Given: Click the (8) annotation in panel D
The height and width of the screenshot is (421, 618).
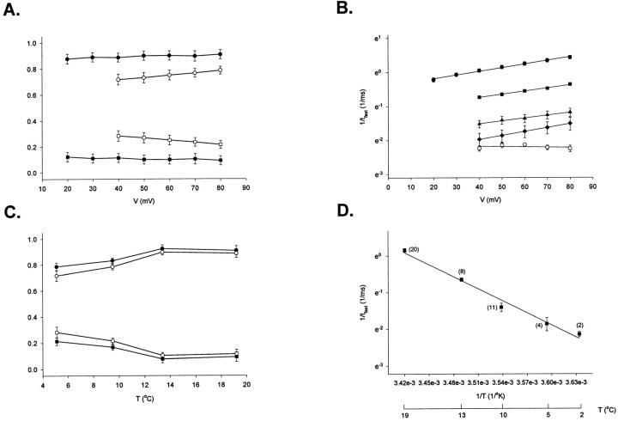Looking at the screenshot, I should tap(462, 271).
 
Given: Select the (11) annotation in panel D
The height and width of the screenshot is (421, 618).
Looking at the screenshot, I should tap(493, 307).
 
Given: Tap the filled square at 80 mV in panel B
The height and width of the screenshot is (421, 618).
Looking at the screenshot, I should tap(570, 84).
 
